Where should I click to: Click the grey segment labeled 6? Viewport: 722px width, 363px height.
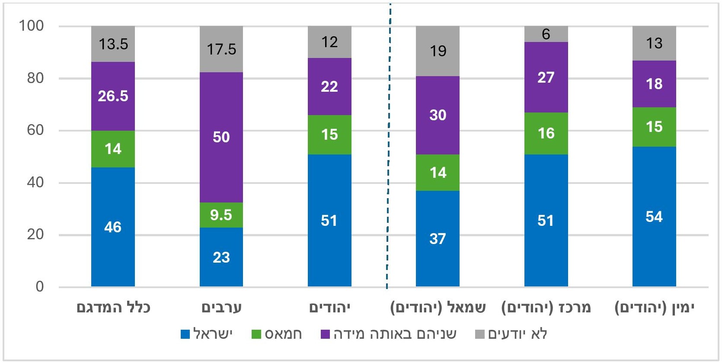coord(546,34)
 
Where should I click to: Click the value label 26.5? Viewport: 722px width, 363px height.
coord(113,96)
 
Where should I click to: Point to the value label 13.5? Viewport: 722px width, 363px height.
coord(113,44)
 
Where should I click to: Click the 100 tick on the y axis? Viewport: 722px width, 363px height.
coord(31,26)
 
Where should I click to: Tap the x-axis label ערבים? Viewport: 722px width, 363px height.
coord(221,308)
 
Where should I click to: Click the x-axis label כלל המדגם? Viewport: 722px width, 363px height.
coord(113,308)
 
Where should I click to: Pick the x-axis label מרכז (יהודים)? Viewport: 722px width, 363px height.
coord(546,308)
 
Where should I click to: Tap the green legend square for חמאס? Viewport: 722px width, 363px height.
coord(256,334)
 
